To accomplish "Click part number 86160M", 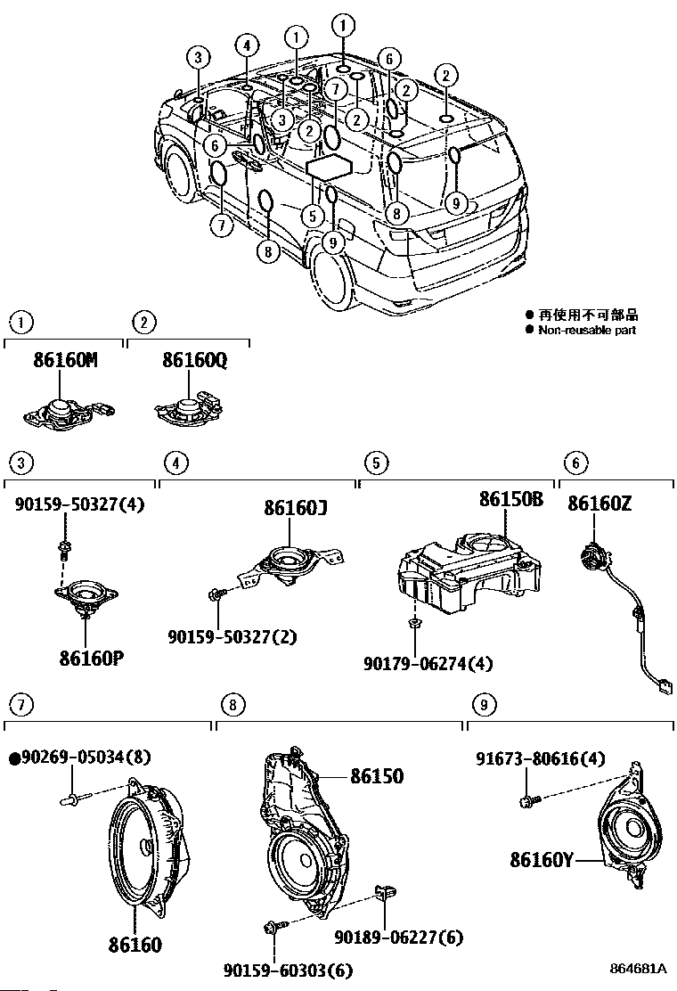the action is point(65,360).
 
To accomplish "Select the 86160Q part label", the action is point(194,360).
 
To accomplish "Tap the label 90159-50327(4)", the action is point(79,504).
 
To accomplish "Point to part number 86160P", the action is point(92,658).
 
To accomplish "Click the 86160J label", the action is point(296,507).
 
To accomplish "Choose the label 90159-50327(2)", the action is point(232,636).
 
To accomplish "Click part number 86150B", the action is point(511,499).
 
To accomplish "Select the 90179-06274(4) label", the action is point(428,664).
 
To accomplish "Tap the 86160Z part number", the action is point(600,504).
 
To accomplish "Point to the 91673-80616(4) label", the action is point(540,758).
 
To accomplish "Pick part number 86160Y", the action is point(542,859).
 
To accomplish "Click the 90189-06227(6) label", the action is point(398,937).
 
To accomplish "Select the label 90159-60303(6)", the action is point(288,970).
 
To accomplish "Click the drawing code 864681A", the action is point(639,968).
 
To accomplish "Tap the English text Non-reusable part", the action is point(587,330).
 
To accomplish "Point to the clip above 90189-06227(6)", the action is point(385,892).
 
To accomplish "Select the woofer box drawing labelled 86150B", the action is point(469,573).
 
